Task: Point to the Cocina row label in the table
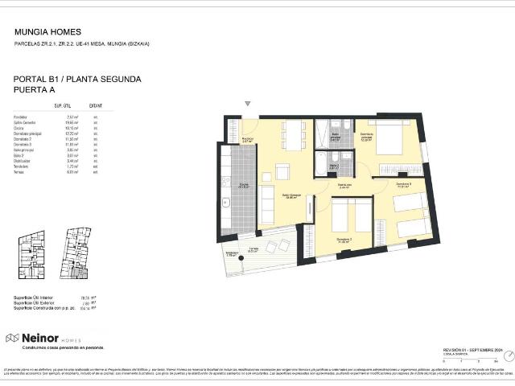(x=19, y=127)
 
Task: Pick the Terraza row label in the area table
(x=19, y=171)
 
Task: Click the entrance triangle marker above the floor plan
(x=247, y=104)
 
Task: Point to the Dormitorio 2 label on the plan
(x=344, y=239)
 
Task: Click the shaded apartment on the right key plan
(x=77, y=273)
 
